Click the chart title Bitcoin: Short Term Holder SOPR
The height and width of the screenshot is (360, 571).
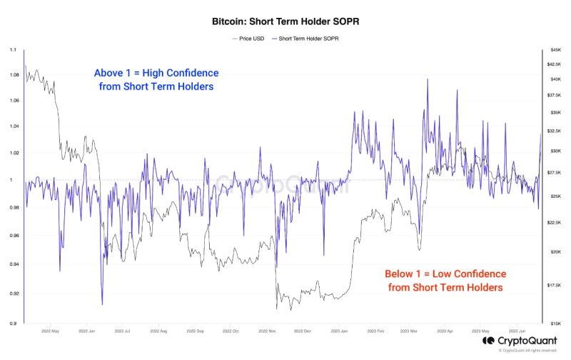285,22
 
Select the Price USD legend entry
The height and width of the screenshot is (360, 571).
248,38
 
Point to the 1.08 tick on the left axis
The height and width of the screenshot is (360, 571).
14,74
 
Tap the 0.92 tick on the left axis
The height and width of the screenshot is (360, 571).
14,294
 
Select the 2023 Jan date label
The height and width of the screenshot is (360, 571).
340,331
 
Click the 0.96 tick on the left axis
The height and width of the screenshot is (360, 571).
14,236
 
